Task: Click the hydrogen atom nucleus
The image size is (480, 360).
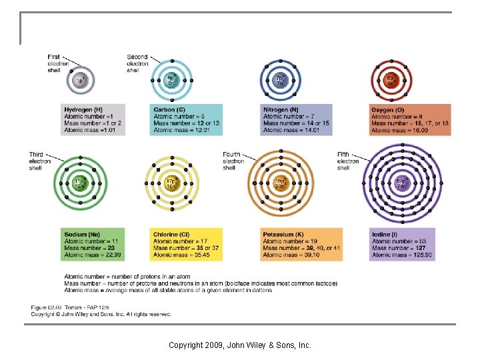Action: coord(80,81)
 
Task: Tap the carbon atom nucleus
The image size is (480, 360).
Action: coord(171,81)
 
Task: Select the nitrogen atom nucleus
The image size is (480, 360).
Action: coord(280,81)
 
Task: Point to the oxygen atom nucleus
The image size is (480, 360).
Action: coord(391,81)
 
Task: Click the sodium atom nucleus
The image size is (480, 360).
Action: coord(80,183)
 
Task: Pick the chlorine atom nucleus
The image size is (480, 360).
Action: coord(171,183)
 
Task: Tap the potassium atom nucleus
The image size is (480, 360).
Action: coord(280,183)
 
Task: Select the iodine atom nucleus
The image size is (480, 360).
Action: coord(401,183)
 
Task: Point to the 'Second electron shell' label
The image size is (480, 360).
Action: coord(137,63)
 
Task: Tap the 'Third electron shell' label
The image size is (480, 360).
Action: coord(39,161)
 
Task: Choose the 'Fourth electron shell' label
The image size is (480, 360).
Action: coord(233,161)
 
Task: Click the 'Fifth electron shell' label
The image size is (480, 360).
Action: coord(347,161)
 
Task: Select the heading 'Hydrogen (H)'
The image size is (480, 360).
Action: coord(83,109)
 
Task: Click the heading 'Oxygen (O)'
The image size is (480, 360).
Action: coord(388,109)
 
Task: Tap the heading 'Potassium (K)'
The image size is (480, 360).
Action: coord(283,235)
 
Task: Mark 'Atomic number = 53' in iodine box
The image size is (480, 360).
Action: coord(397,241)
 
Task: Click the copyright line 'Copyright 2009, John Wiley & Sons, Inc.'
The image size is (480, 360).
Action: coord(240,345)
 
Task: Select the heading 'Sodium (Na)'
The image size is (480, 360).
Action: coord(82,235)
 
